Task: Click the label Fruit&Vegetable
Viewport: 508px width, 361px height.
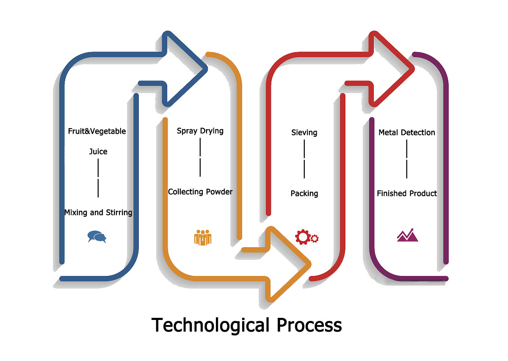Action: click(97, 131)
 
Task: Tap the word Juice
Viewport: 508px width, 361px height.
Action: click(98, 152)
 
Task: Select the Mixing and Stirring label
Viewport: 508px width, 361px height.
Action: click(98, 212)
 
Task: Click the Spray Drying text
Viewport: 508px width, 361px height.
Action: click(200, 131)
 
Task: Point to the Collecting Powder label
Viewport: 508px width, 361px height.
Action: click(200, 192)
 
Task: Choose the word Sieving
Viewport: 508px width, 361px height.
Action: click(304, 132)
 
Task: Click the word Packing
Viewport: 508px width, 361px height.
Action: click(304, 193)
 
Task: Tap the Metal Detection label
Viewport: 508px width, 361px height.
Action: click(407, 132)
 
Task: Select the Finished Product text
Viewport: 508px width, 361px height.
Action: click(407, 193)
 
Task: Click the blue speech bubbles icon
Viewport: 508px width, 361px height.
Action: click(97, 237)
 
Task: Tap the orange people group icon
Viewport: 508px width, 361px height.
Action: click(203, 237)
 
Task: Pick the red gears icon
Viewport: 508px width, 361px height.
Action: click(306, 237)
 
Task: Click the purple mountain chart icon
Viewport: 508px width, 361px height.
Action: click(407, 235)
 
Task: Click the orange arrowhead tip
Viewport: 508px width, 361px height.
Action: click(309, 264)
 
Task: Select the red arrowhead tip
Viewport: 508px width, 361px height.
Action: click(411, 68)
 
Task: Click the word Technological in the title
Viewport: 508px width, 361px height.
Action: click(210, 325)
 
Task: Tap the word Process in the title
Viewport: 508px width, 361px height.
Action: click(309, 325)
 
